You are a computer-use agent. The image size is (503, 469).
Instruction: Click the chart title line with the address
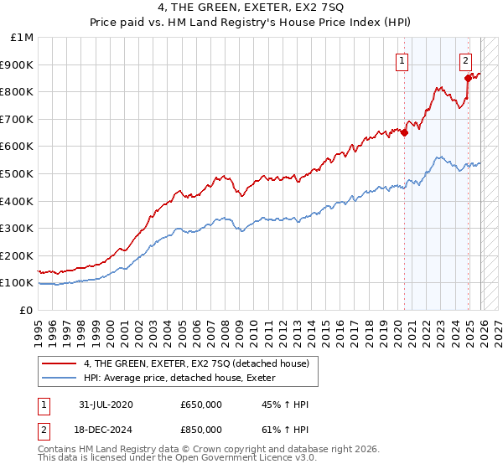pos(251,8)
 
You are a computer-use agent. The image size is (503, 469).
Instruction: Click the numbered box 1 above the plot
pos(402,59)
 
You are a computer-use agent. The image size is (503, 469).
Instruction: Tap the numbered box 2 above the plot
pos(465,59)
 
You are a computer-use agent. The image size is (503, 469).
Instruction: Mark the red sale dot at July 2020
pos(404,131)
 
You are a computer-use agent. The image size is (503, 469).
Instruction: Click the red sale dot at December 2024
pos(468,77)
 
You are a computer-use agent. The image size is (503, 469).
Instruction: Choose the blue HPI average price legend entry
pos(185,379)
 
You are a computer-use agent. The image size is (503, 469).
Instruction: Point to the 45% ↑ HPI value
pos(285,405)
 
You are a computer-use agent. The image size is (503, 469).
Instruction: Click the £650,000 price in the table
pos(201,405)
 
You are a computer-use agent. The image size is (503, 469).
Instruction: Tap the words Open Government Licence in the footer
pos(249,458)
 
